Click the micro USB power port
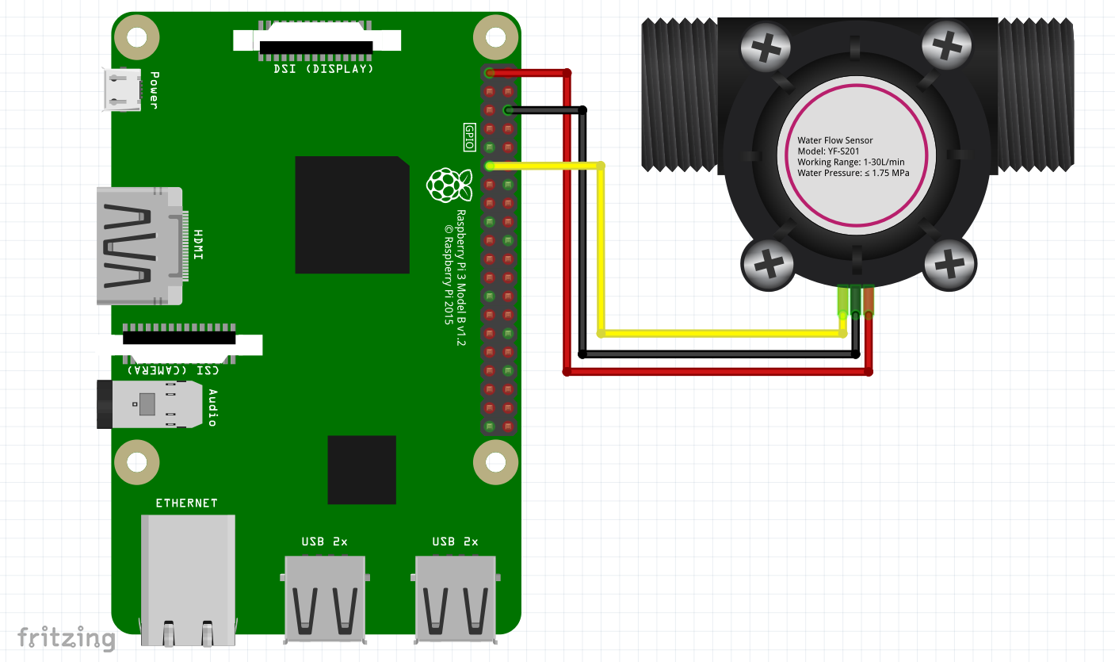(121, 89)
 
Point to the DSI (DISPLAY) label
(318, 69)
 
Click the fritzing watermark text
(67, 637)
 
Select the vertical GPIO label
(469, 136)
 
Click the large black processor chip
(352, 215)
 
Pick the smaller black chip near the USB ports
(361, 469)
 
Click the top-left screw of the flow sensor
(766, 48)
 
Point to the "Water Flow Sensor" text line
(834, 140)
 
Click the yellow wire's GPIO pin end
(490, 166)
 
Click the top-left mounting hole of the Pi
(136, 38)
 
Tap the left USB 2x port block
(325, 596)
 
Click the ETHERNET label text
(186, 503)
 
